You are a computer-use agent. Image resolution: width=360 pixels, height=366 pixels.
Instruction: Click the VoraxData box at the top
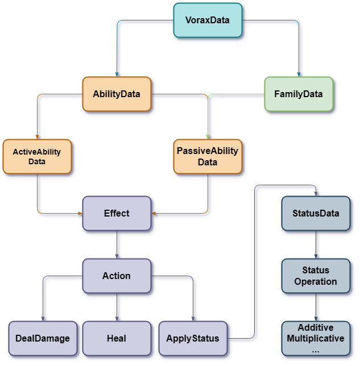tap(208, 20)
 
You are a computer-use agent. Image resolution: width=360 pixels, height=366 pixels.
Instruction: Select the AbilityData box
tap(117, 94)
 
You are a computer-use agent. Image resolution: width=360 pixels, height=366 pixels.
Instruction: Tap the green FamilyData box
tap(299, 94)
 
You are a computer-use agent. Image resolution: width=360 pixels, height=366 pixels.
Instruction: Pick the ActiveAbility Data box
tap(37, 156)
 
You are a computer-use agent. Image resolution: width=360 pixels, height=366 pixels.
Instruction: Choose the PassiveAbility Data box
tap(208, 156)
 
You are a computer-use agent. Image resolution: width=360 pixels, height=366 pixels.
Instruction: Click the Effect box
tap(117, 213)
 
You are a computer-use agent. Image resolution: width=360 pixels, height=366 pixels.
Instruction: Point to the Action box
tap(117, 276)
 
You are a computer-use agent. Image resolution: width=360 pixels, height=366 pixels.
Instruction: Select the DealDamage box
tap(43, 338)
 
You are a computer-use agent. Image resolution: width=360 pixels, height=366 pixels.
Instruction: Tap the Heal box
tap(117, 338)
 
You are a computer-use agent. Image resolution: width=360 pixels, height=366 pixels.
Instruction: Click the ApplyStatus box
tap(192, 338)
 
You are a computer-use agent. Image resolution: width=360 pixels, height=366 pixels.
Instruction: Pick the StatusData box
tap(316, 213)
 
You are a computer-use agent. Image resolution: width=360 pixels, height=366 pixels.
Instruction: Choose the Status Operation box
tap(316, 276)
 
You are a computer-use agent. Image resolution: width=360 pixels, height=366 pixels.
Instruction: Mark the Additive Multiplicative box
tap(316, 339)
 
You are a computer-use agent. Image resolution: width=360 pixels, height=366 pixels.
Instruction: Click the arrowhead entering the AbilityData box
tap(118, 73)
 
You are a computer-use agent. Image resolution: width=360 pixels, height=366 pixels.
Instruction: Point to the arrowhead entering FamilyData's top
tap(300, 73)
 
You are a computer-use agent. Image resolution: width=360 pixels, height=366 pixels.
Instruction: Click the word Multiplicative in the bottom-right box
tap(316, 339)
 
